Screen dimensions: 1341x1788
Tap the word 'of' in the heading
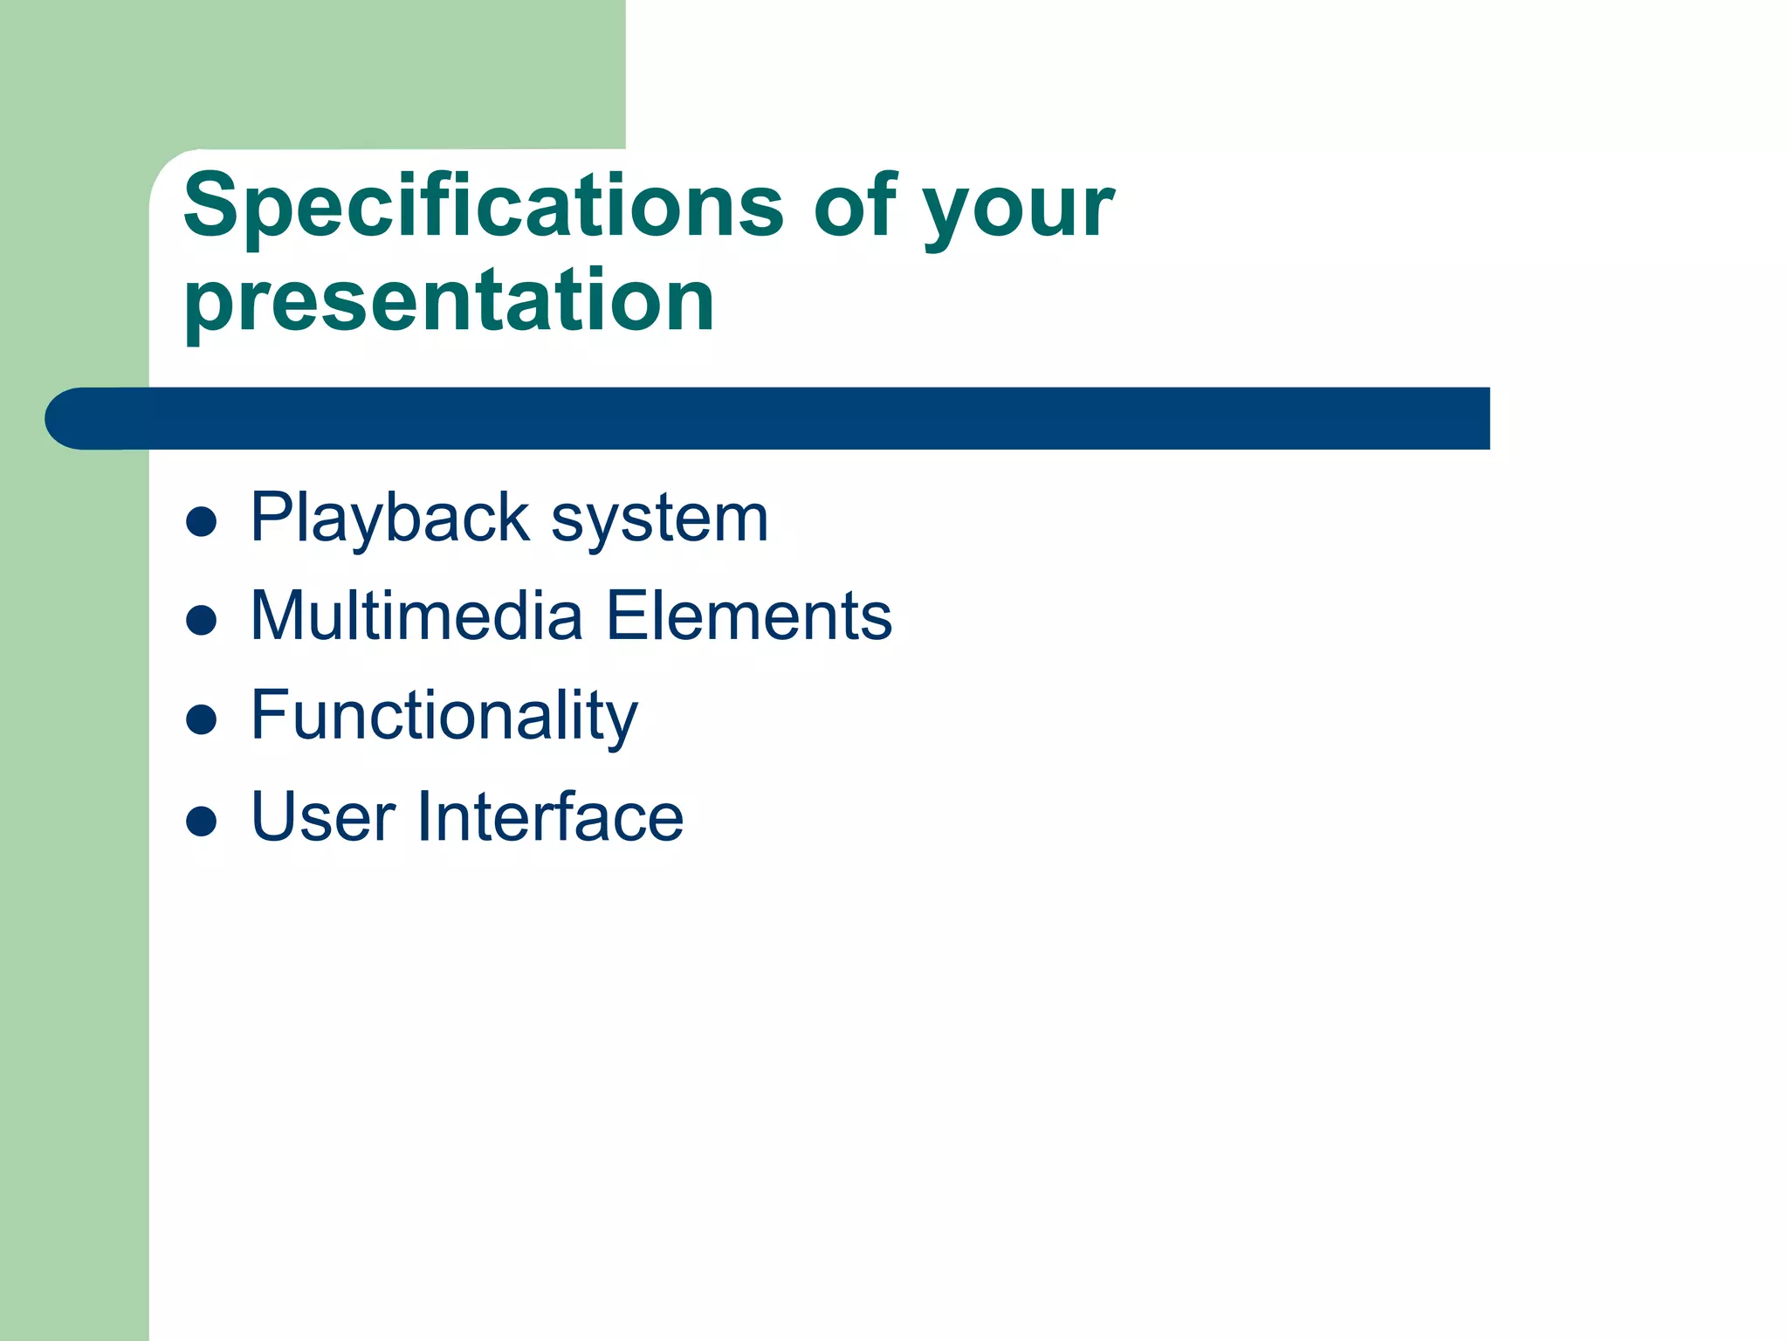(x=856, y=206)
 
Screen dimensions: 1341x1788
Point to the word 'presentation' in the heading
(x=450, y=302)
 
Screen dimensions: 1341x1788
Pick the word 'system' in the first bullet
(x=660, y=522)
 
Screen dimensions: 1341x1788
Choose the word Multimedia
(x=416, y=616)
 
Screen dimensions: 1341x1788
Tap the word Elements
(x=748, y=616)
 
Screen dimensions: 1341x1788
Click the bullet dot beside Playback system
(x=202, y=522)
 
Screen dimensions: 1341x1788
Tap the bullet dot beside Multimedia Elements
(x=202, y=621)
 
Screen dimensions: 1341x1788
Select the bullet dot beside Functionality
(x=202, y=720)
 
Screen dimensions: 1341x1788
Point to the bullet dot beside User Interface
(x=202, y=821)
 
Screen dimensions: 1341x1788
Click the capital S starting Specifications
(x=210, y=206)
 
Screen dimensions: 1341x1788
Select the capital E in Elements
(x=626, y=616)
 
